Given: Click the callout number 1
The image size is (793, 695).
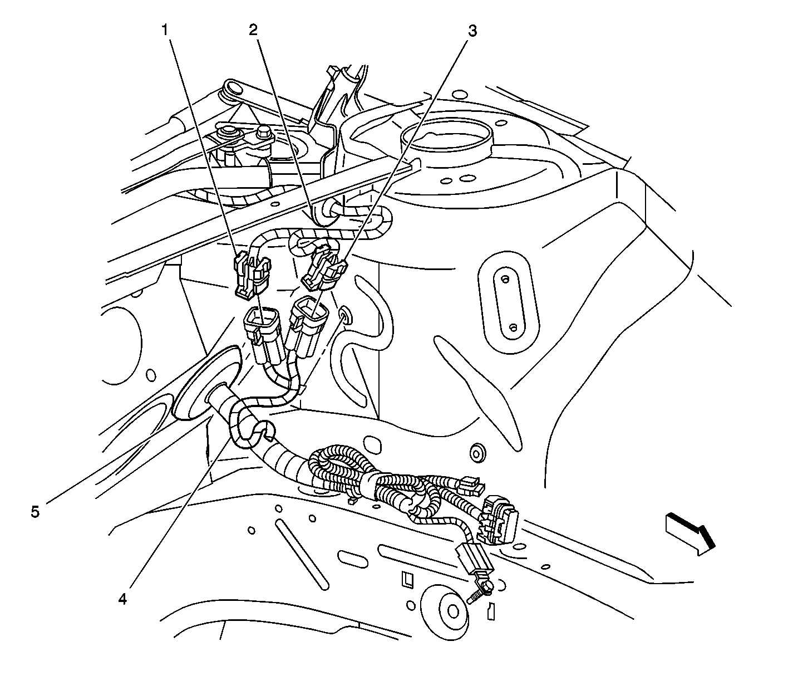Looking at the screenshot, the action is (x=165, y=30).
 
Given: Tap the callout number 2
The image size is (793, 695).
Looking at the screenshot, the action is (x=253, y=30).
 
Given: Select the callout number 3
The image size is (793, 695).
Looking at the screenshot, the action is (x=472, y=31).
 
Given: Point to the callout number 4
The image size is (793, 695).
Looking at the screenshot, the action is (x=122, y=600).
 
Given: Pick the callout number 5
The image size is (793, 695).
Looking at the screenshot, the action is (x=35, y=512).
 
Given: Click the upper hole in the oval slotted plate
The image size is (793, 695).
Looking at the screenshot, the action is (x=505, y=279).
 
